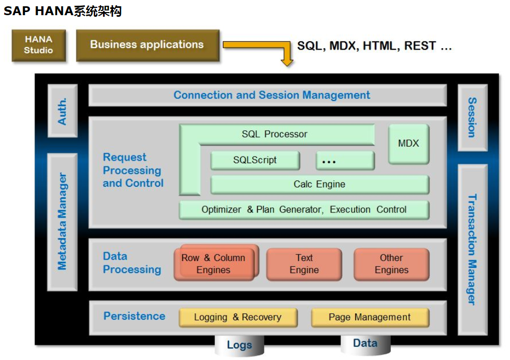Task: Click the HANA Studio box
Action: click(39, 45)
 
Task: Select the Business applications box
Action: click(147, 45)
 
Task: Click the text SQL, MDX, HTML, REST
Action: click(374, 46)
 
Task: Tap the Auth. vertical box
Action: click(62, 111)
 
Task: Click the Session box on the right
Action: click(472, 117)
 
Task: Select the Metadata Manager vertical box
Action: click(62, 222)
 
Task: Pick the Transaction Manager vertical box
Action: click(472, 249)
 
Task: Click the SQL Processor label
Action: click(275, 134)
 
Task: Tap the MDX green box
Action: click(409, 143)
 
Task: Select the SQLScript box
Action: click(255, 160)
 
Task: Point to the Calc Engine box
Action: click(319, 184)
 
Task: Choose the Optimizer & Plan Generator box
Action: click(304, 209)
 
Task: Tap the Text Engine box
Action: click(304, 264)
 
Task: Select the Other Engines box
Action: click(391, 264)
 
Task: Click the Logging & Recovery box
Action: click(237, 317)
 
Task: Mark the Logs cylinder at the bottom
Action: click(239, 345)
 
